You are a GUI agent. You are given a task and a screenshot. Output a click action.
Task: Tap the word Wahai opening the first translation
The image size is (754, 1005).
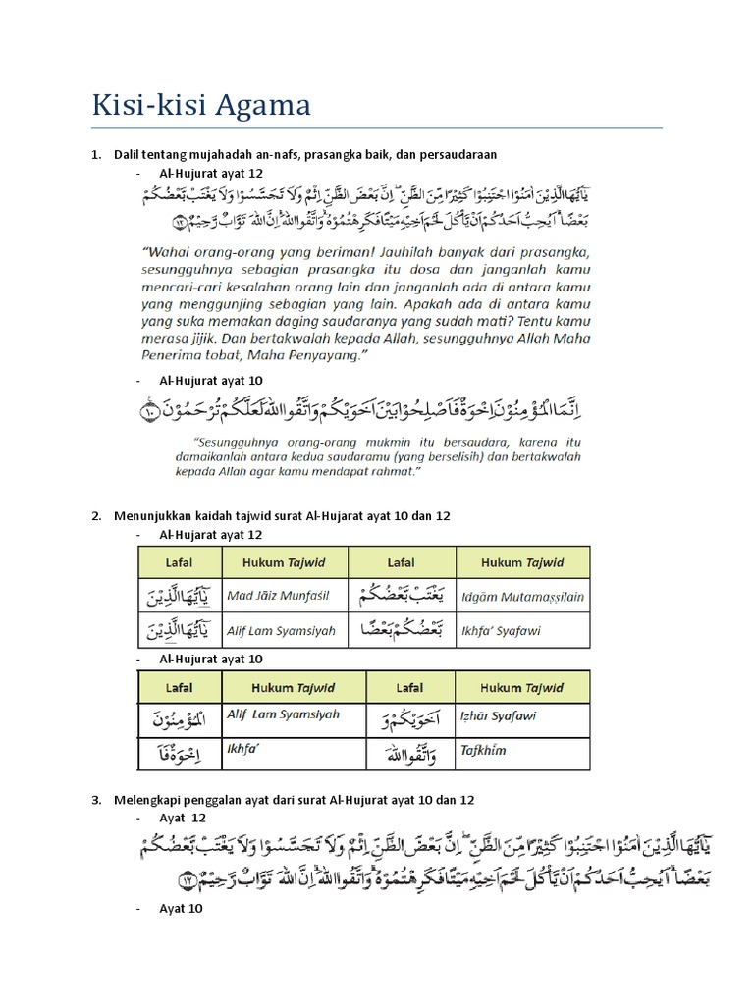171,249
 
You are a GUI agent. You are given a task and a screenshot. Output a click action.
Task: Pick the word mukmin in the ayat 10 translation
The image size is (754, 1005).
391,442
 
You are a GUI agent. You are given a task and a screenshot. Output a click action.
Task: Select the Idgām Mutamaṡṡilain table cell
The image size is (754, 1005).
523,596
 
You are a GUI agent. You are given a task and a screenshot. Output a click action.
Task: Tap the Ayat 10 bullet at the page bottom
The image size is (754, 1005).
181,909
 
